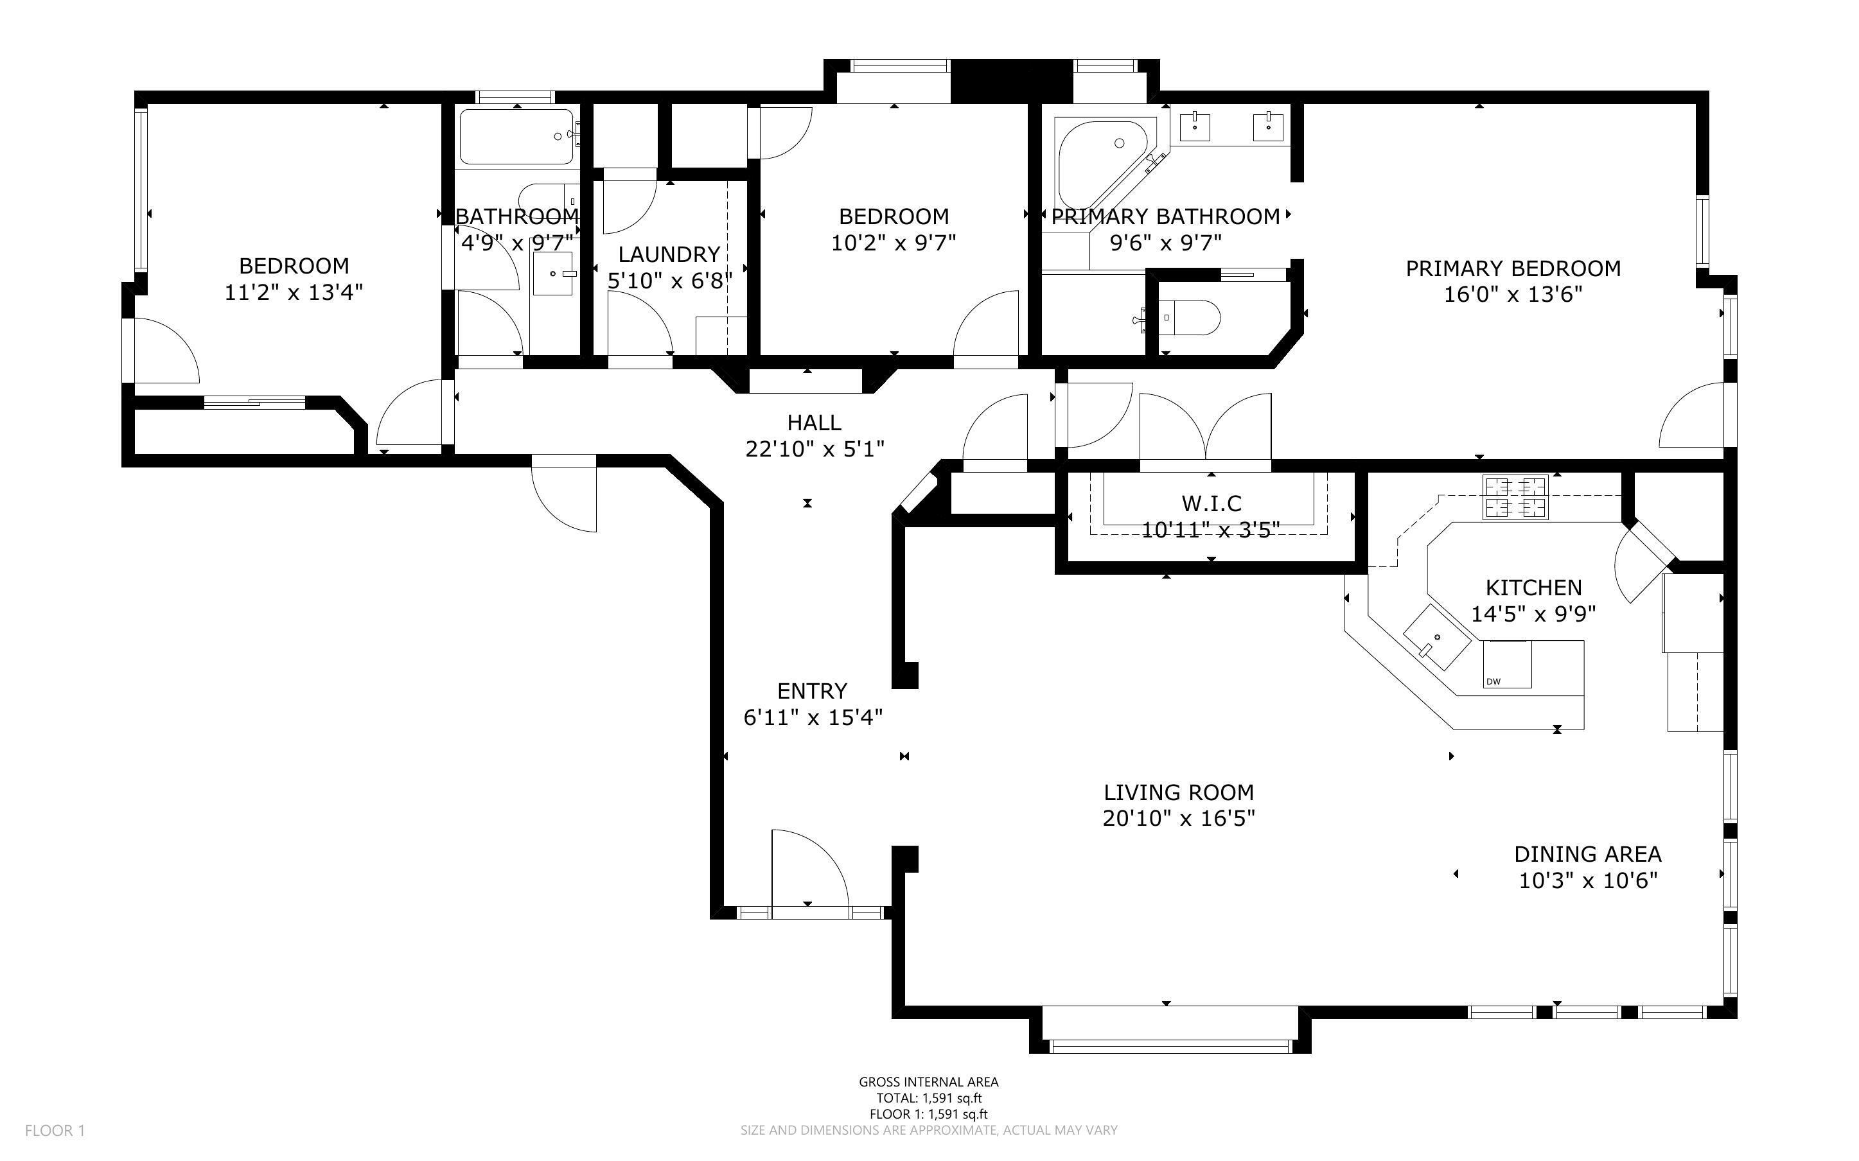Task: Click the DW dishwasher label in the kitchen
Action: click(1493, 681)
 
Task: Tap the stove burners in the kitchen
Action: click(1515, 497)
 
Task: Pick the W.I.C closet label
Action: click(1211, 503)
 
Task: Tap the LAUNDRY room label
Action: click(669, 254)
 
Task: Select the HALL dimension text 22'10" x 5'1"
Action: click(815, 448)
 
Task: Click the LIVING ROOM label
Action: click(1178, 792)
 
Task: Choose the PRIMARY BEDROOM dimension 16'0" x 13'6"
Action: click(1513, 295)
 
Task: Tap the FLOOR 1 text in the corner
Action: click(55, 1130)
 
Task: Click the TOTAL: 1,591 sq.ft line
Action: click(928, 1098)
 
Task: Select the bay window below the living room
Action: click(1170, 1044)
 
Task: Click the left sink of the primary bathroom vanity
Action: click(1195, 127)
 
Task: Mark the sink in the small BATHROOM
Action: click(554, 274)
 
